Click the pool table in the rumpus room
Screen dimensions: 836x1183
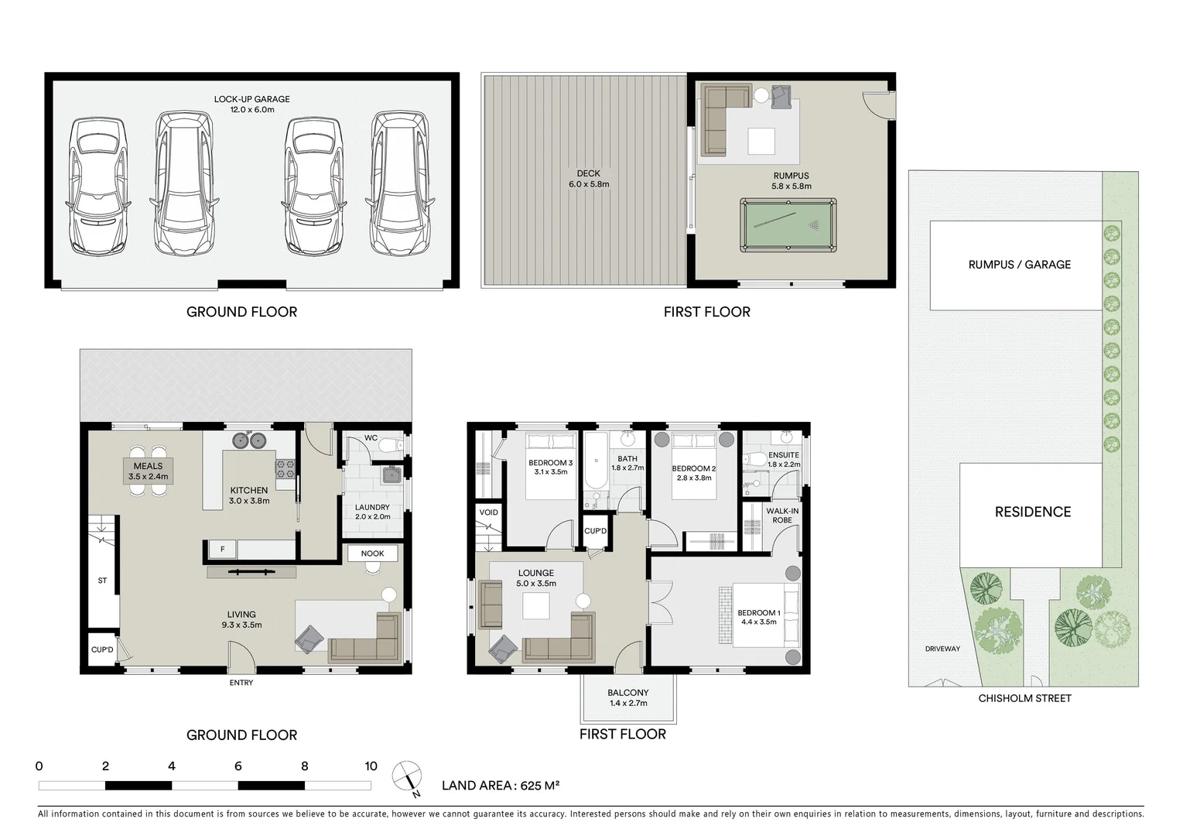(x=788, y=225)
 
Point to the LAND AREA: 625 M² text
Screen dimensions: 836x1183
(x=500, y=786)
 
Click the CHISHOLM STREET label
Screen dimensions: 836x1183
(x=1024, y=698)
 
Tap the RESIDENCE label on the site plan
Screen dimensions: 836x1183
(x=1032, y=512)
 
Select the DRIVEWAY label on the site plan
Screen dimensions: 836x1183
(x=942, y=649)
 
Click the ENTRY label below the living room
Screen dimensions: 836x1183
(x=241, y=683)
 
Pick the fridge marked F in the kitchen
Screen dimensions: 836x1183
(x=222, y=550)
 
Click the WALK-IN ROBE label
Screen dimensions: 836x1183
(x=782, y=516)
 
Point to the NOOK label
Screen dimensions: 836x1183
(x=372, y=553)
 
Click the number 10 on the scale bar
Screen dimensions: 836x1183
(x=371, y=766)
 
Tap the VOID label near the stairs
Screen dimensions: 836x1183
(x=489, y=512)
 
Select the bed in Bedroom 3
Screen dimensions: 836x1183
(x=551, y=464)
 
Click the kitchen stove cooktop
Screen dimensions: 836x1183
(x=285, y=468)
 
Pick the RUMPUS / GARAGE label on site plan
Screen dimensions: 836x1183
(x=1019, y=265)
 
